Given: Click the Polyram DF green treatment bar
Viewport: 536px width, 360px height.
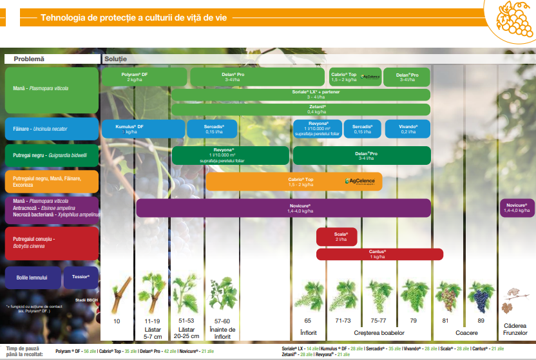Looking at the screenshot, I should click(x=135, y=77).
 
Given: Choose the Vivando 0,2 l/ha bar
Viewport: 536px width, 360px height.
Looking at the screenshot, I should click(x=408, y=129).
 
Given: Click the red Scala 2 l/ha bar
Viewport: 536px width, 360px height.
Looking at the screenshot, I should click(x=336, y=236).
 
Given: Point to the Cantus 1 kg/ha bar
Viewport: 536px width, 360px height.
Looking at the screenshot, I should click(x=379, y=254).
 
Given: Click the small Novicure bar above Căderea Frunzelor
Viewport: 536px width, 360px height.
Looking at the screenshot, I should click(x=517, y=207).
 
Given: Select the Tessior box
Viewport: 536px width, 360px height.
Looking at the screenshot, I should click(x=81, y=278).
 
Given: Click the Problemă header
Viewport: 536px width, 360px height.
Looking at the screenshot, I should click(x=30, y=59).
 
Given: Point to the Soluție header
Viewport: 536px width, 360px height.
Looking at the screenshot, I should click(x=116, y=59).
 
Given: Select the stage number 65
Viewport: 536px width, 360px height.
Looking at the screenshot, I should click(x=308, y=320).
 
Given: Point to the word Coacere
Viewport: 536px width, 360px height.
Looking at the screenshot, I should click(x=466, y=332).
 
